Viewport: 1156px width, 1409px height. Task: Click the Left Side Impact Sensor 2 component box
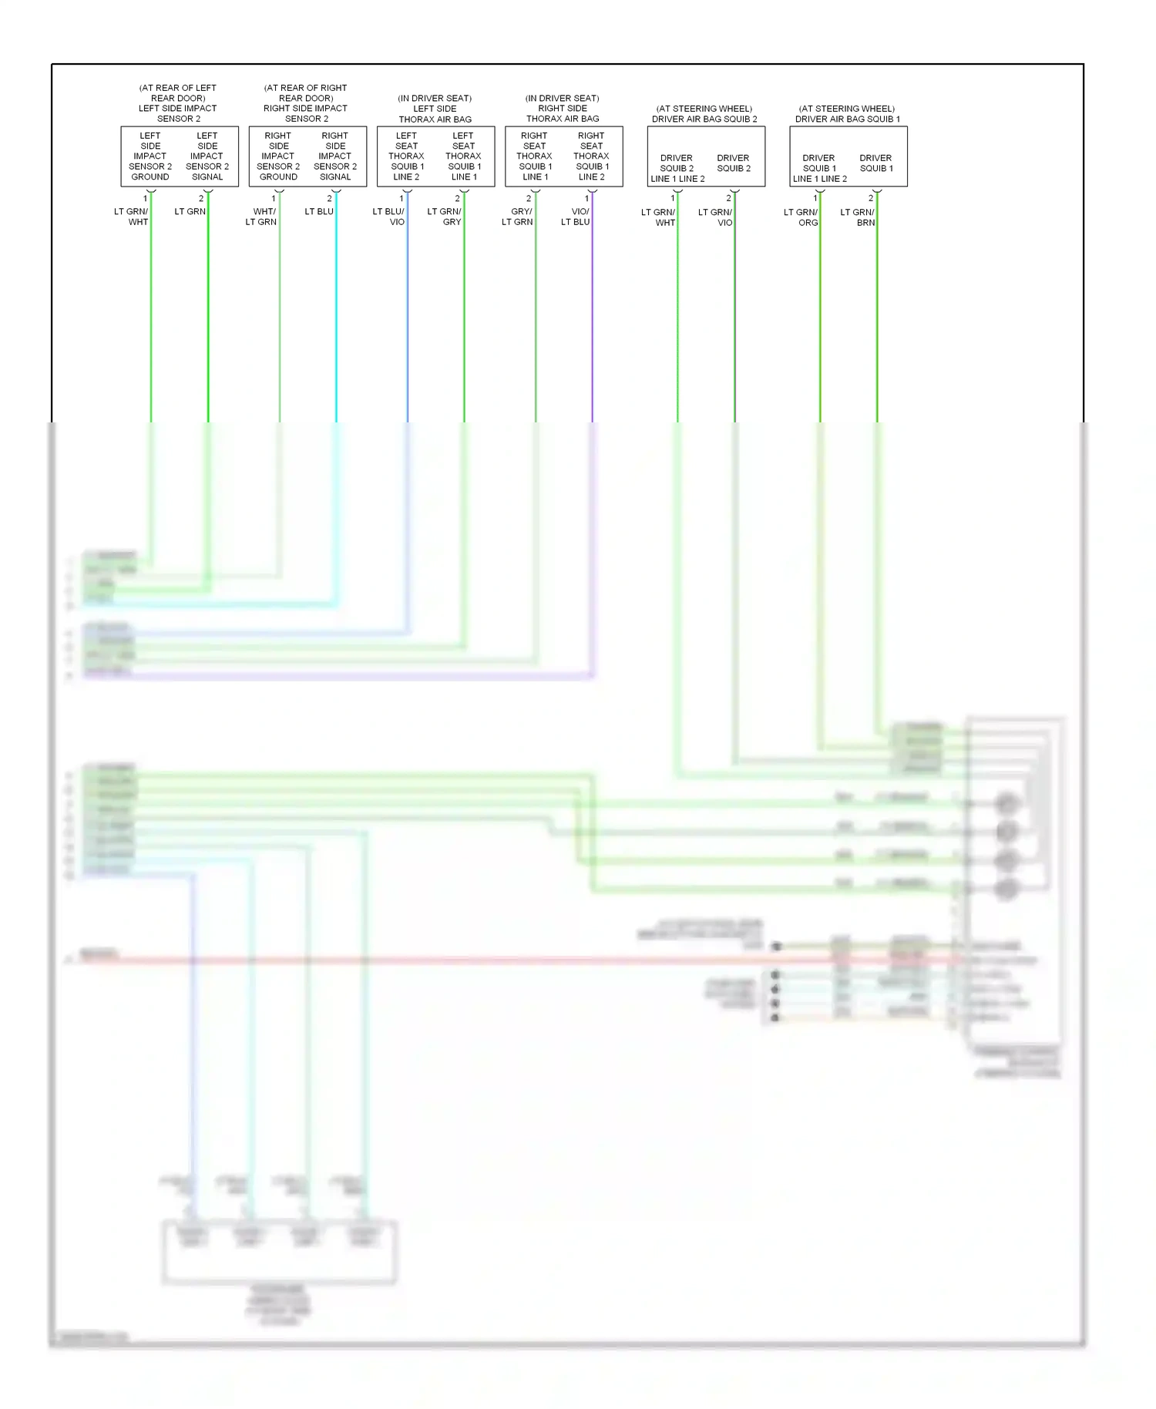(x=180, y=156)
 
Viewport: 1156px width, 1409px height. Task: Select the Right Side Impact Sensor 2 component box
(x=307, y=156)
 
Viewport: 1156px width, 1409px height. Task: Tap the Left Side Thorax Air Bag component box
(x=435, y=156)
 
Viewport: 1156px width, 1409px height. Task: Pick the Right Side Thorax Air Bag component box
(x=563, y=156)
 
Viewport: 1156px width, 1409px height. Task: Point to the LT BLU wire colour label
(x=319, y=212)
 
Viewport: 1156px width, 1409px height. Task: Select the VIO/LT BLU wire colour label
(x=576, y=217)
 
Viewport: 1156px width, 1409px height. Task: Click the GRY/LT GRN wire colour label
(x=517, y=217)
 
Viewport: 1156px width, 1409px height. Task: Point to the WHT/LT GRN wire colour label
(x=261, y=217)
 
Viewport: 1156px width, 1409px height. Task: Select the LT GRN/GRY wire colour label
(x=445, y=217)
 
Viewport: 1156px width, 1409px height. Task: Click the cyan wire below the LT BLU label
(x=336, y=324)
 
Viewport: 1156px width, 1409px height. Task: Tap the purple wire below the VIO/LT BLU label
(x=592, y=324)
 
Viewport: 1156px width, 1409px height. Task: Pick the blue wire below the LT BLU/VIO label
(x=408, y=324)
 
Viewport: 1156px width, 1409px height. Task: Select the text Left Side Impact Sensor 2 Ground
(x=150, y=156)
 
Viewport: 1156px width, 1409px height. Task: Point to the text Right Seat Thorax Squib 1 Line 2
(x=591, y=156)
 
